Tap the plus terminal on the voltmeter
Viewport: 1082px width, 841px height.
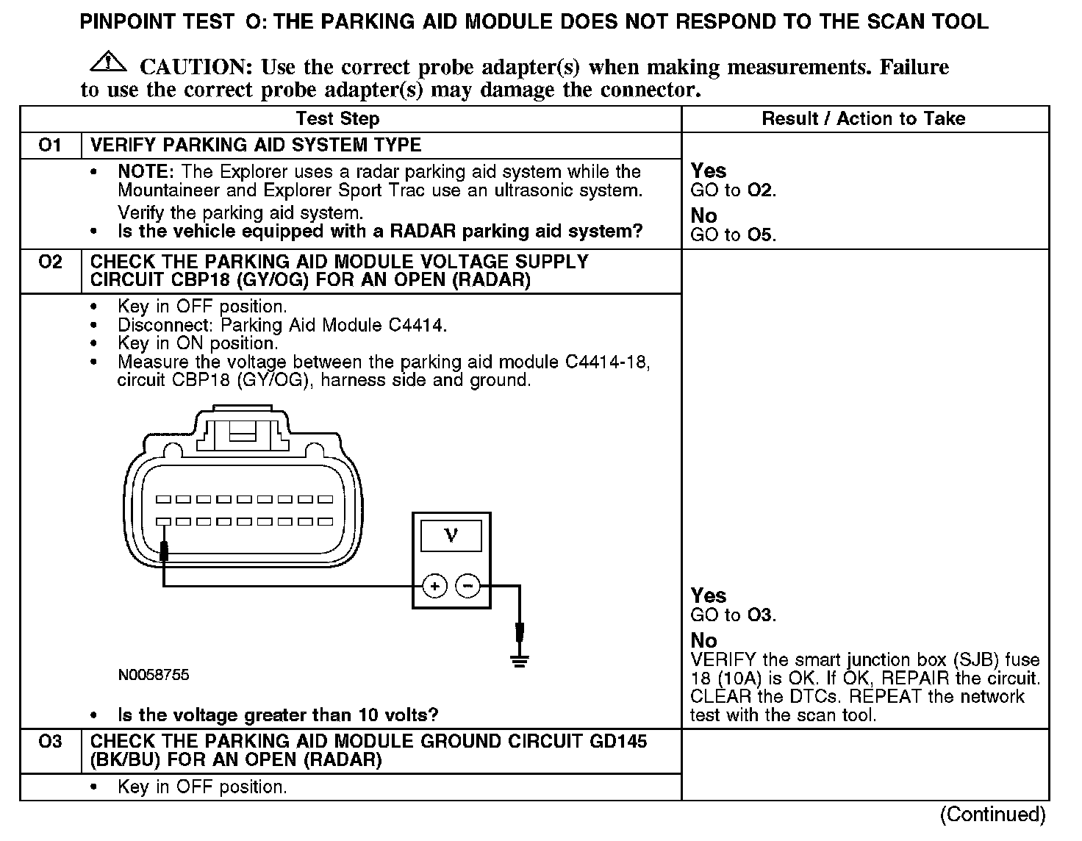pos(435,586)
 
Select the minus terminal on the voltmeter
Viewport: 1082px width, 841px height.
pos(468,586)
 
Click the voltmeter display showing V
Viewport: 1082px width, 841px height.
pos(451,536)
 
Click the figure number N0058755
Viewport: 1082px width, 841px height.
pos(153,675)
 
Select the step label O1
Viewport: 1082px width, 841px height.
pos(50,145)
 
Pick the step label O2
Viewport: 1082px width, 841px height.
pos(50,262)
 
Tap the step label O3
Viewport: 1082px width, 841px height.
pos(50,741)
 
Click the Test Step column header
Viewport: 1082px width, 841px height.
pos(337,118)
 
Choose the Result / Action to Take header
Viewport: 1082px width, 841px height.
pos(863,118)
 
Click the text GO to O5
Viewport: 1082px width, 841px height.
pos(733,235)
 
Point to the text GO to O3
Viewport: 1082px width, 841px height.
pos(733,615)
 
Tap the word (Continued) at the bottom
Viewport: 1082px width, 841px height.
pos(992,814)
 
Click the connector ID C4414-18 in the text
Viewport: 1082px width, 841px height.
pos(607,362)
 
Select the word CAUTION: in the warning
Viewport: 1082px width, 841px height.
pos(196,68)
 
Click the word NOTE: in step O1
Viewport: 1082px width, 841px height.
pos(146,171)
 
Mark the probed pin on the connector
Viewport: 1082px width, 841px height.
pos(163,522)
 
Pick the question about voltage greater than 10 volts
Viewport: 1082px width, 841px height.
pos(278,715)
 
